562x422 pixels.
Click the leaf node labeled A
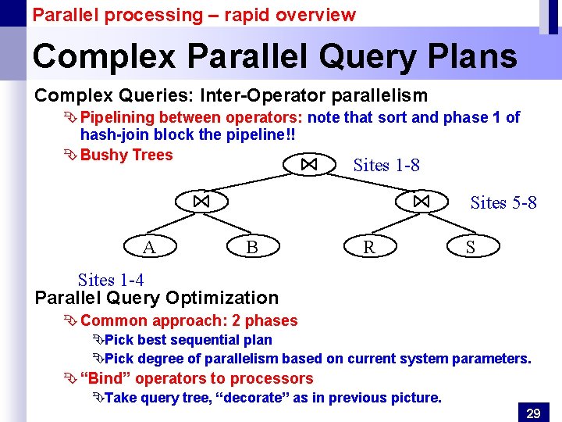148,247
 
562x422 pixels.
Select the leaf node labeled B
251,247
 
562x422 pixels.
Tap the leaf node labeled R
368,247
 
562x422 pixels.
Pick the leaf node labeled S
471,247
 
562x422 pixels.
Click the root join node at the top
309,164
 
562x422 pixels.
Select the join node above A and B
201,202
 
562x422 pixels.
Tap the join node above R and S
421,202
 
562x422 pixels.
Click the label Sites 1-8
386,165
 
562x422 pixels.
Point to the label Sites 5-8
503,202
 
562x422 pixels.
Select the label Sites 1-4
111,280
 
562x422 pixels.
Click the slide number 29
533,413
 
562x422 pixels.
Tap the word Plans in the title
475,56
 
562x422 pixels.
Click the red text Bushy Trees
126,155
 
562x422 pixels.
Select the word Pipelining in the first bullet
117,117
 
